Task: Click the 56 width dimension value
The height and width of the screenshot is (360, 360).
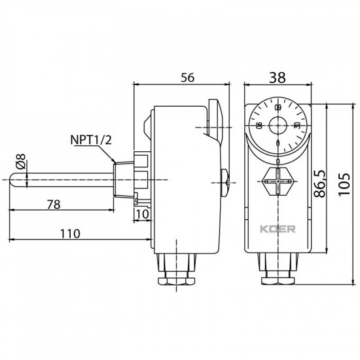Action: (187, 77)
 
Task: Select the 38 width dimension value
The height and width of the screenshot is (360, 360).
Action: (278, 77)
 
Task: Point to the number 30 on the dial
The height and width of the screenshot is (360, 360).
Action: (297, 126)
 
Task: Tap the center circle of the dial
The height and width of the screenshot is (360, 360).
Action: (278, 124)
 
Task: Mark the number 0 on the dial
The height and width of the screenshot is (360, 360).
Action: (278, 143)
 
